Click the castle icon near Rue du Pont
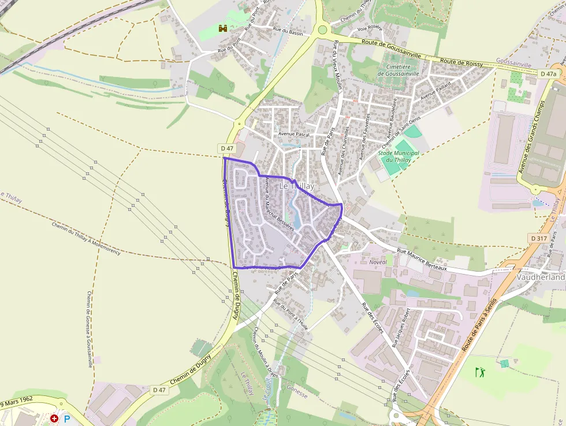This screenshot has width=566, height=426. (x=223, y=28)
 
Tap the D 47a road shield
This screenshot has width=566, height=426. (x=549, y=74)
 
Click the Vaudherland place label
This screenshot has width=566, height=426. (x=541, y=277)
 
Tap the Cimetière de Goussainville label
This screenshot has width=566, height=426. (x=397, y=70)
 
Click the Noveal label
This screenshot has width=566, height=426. (x=378, y=262)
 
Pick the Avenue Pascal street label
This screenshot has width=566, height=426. (x=294, y=134)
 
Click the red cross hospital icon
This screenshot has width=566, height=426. (x=54, y=418)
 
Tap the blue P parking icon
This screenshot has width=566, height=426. (x=67, y=418)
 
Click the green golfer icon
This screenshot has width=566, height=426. (x=480, y=372)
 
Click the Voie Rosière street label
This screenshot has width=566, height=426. (x=370, y=28)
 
